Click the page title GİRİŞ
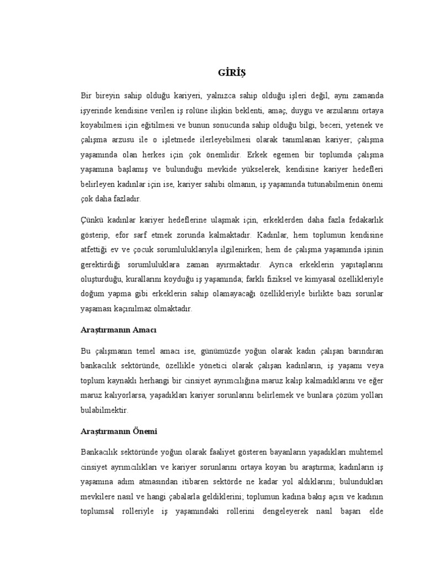[231, 72]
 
